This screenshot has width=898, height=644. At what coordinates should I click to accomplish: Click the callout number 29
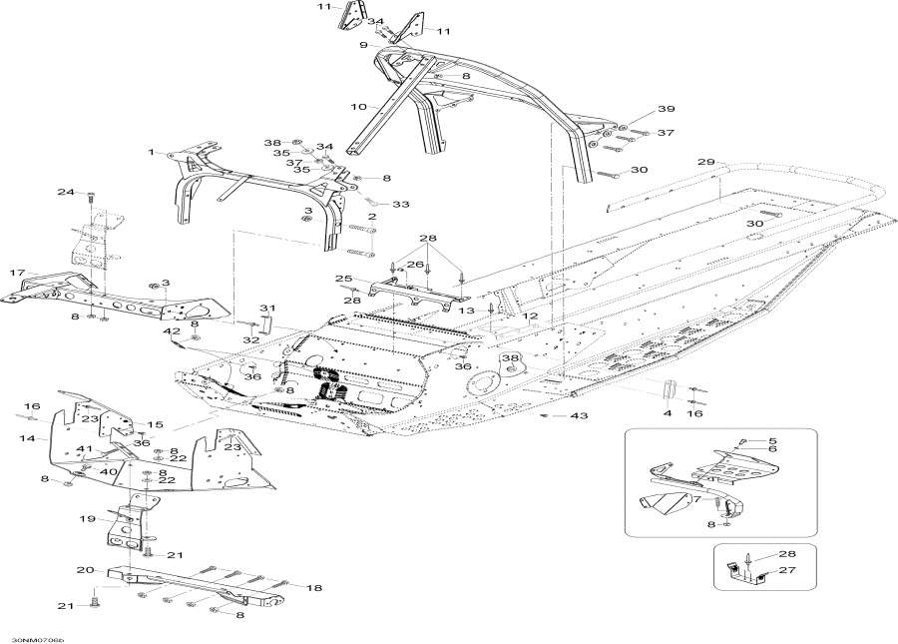coord(705,162)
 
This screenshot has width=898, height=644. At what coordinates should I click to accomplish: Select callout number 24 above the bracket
coord(65,192)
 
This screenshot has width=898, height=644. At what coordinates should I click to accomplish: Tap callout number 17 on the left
coord(17,273)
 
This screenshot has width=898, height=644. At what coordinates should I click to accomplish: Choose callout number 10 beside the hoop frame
coord(358,106)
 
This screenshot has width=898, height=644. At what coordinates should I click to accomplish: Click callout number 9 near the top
coord(364,45)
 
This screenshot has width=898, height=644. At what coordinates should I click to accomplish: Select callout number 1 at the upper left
coord(152,153)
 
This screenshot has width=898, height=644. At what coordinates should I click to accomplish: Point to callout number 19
coord(88,518)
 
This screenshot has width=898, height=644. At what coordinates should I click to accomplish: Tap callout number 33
coord(400,204)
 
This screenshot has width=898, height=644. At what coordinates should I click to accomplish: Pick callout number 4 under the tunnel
coord(669,412)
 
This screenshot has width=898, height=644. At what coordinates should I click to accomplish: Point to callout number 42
coord(173,331)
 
